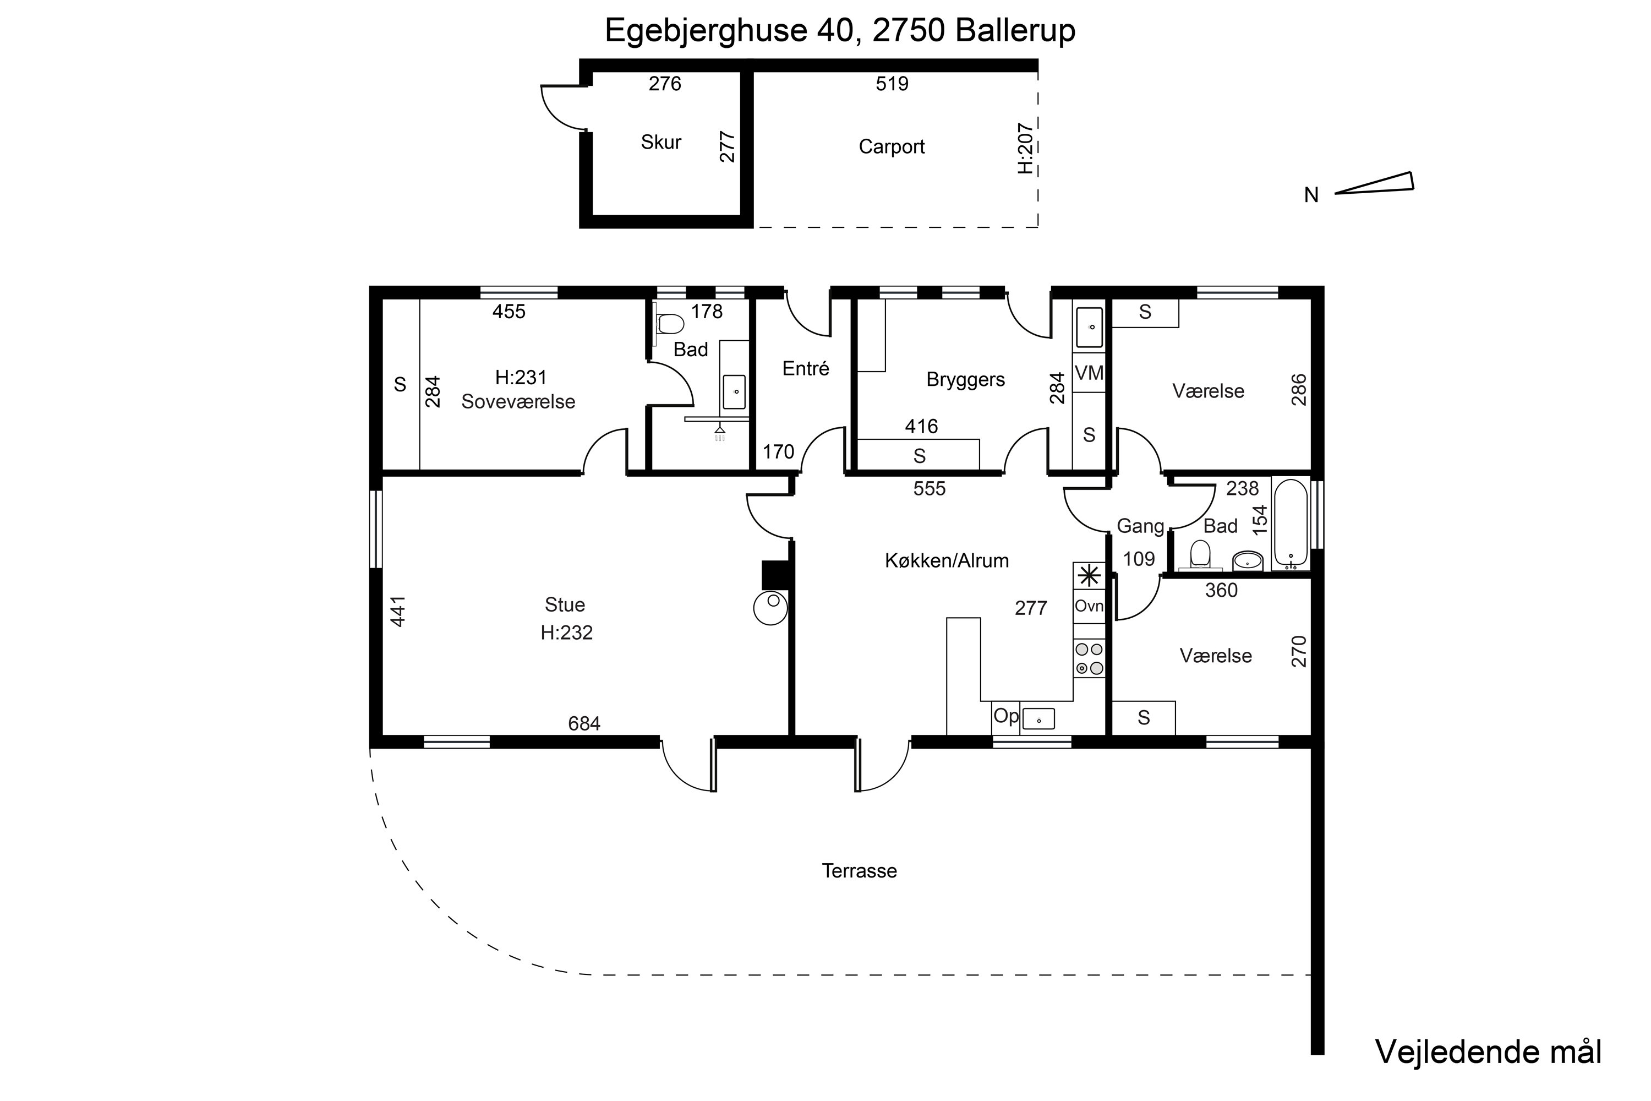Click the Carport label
pyautogui.click(x=892, y=147)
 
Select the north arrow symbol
pyautogui.click(x=1374, y=183)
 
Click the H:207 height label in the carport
pyautogui.click(x=1026, y=148)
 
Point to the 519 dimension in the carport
pyautogui.click(x=892, y=84)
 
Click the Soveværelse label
pyautogui.click(x=518, y=402)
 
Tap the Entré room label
pyautogui.click(x=806, y=369)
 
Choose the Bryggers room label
pyautogui.click(x=966, y=380)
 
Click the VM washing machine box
pyautogui.click(x=1089, y=373)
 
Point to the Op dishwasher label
pyautogui.click(x=1006, y=716)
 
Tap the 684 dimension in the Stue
pyautogui.click(x=584, y=723)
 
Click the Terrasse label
pyautogui.click(x=859, y=871)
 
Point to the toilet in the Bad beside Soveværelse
pyautogui.click(x=669, y=324)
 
